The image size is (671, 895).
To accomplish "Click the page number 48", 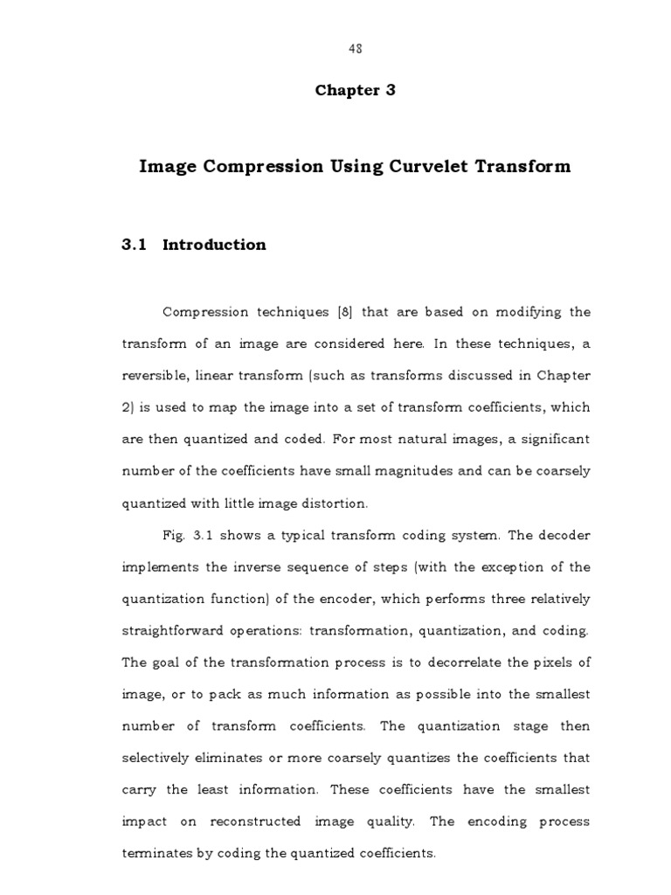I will (x=354, y=49).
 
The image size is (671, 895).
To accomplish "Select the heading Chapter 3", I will (x=355, y=90).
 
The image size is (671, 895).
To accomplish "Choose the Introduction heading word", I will (x=214, y=245).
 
